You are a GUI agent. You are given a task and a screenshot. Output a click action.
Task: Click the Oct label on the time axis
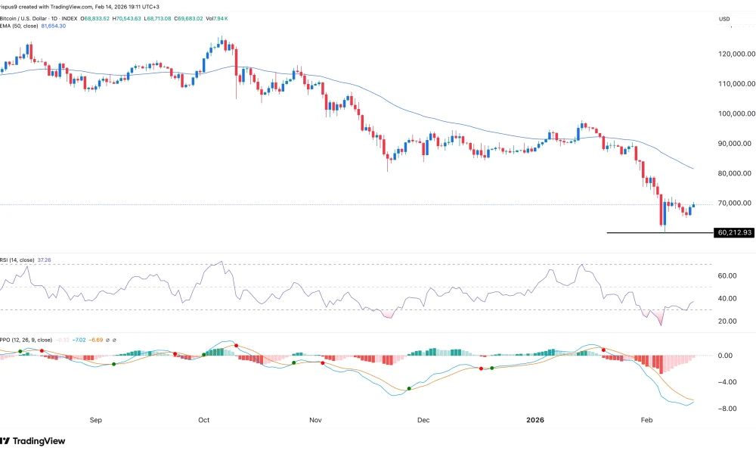pos(203,418)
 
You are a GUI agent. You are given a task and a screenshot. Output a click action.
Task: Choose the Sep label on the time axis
pos(95,418)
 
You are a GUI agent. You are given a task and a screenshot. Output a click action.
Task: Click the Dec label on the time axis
pos(423,418)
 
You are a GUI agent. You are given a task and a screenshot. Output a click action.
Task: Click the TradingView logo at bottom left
pos(34,441)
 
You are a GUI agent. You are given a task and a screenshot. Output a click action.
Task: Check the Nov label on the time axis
pos(316,418)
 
